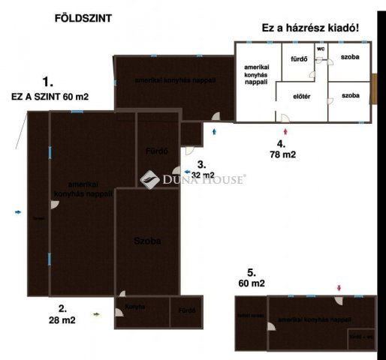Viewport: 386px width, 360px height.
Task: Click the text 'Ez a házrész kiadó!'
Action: [x=309, y=28]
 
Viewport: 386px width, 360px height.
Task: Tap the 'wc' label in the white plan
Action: [x=321, y=49]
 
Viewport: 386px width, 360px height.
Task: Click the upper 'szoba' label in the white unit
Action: [x=350, y=58]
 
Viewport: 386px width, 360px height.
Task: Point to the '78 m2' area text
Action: [x=282, y=154]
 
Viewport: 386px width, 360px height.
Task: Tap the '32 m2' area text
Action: [x=203, y=175]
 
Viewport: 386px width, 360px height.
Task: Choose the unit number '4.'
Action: [x=280, y=143]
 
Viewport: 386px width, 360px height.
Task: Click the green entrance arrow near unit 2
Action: [x=96, y=315]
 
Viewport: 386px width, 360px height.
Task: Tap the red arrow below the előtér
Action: [x=285, y=132]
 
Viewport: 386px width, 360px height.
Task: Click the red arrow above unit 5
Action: [x=339, y=287]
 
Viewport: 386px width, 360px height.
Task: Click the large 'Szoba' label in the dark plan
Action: [x=148, y=241]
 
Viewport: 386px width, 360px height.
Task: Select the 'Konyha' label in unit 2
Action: [x=135, y=306]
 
